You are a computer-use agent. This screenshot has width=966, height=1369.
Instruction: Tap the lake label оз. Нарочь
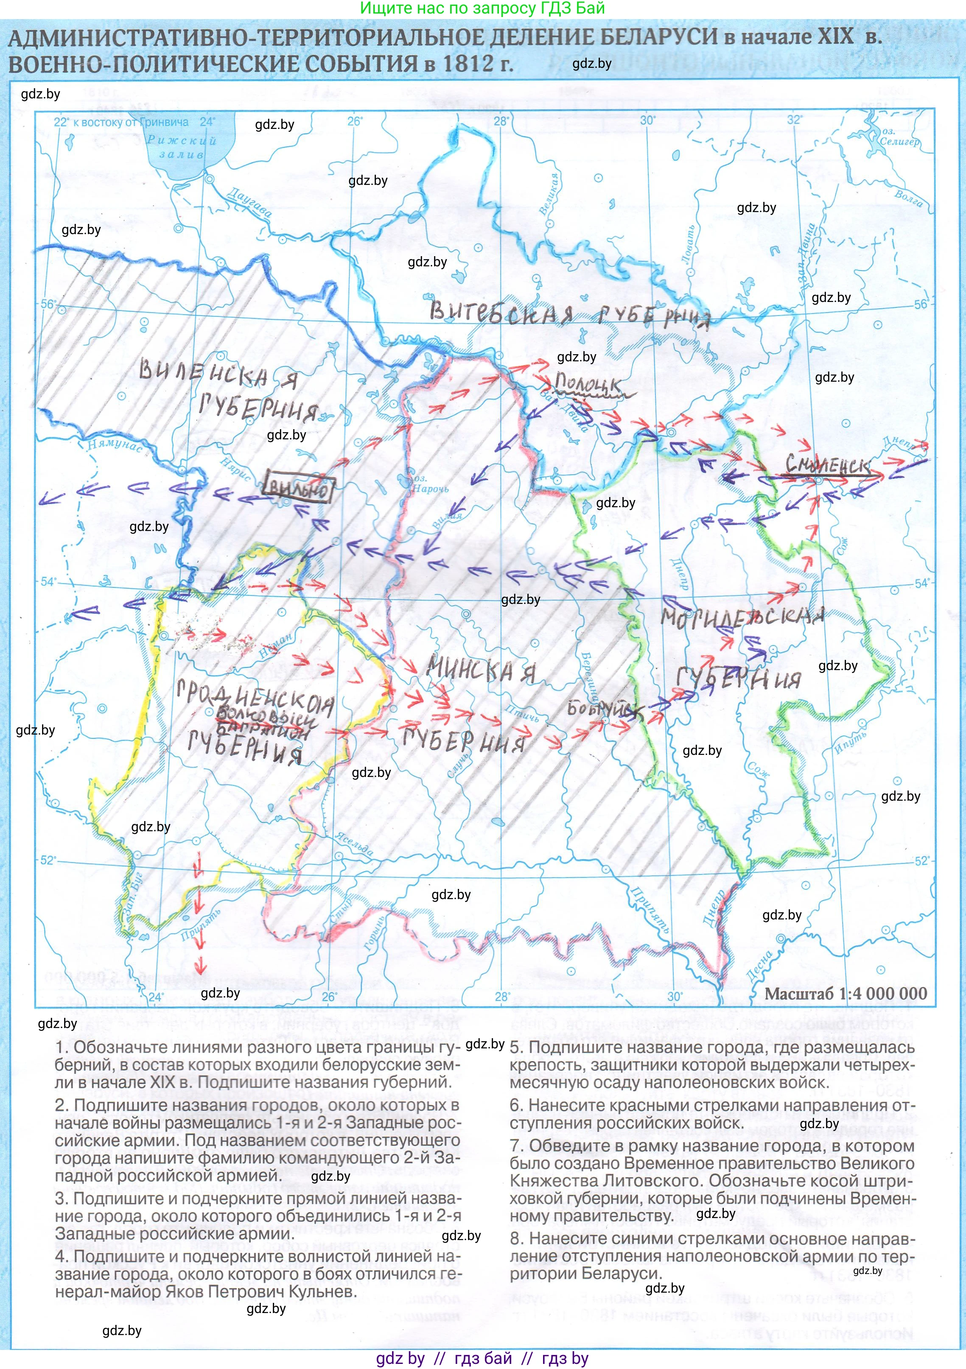click(x=430, y=484)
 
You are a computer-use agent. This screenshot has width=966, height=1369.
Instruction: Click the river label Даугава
click(x=250, y=202)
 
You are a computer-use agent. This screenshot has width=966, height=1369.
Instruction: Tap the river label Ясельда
click(x=353, y=844)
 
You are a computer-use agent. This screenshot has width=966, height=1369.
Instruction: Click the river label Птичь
click(x=522, y=713)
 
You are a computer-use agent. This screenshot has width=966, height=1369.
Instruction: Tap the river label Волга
click(x=909, y=198)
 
